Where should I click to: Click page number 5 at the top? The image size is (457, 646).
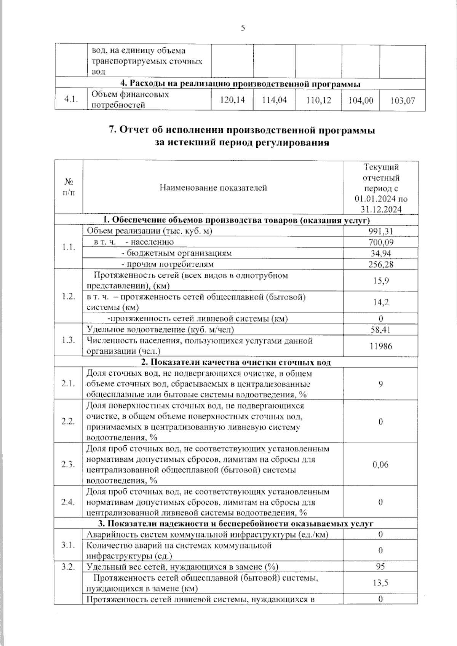pyautogui.click(x=243, y=28)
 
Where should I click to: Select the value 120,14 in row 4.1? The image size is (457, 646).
pyautogui.click(x=233, y=100)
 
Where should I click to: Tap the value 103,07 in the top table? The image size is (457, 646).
pyautogui.click(x=403, y=100)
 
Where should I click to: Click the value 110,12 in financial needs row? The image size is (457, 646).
pyautogui.click(x=318, y=100)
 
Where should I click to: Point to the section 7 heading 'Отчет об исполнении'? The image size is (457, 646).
pyautogui.click(x=242, y=130)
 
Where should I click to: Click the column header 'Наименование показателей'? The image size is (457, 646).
pyautogui.click(x=213, y=188)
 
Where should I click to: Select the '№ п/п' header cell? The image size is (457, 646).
pyautogui.click(x=69, y=187)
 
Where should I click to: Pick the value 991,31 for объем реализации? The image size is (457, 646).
pyautogui.click(x=380, y=231)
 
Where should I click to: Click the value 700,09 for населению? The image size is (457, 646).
pyautogui.click(x=380, y=242)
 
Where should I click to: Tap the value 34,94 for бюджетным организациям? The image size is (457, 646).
pyautogui.click(x=380, y=254)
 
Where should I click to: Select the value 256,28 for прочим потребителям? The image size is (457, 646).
pyautogui.click(x=380, y=264)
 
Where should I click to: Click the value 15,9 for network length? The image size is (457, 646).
pyautogui.click(x=380, y=281)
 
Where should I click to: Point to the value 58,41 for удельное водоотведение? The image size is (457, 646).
pyautogui.click(x=380, y=330)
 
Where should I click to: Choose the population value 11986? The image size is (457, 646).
pyautogui.click(x=380, y=346)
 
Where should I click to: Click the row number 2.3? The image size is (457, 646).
pyautogui.click(x=69, y=464)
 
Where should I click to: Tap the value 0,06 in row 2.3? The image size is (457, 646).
pyautogui.click(x=380, y=464)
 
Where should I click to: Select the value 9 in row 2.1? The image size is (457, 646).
pyautogui.click(x=380, y=384)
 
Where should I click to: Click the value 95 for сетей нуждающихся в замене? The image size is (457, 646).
pyautogui.click(x=380, y=566)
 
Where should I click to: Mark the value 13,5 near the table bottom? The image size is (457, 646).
pyautogui.click(x=380, y=582)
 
